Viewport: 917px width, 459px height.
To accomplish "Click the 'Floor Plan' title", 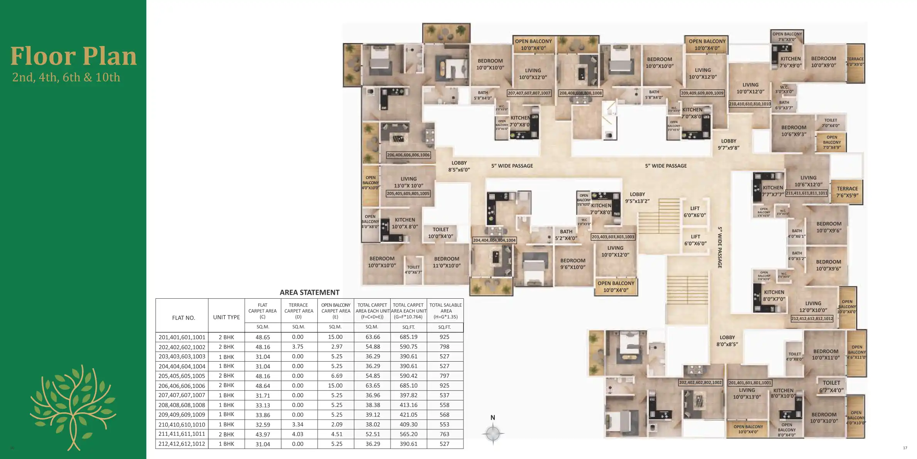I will point(73,56).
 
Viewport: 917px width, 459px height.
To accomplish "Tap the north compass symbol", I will point(493,433).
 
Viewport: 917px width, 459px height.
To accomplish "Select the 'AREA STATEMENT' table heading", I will point(310,292).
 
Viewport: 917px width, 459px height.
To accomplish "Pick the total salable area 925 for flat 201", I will point(444,337).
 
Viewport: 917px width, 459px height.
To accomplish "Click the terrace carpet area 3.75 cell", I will point(298,347).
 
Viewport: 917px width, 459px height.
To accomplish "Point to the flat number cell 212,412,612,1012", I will point(182,444).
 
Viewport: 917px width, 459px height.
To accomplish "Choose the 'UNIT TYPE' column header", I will point(226,317).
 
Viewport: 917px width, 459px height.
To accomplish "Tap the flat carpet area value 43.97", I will point(262,434).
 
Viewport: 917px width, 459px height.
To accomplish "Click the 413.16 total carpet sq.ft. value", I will point(408,405).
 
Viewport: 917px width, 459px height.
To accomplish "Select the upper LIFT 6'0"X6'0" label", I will point(695,212).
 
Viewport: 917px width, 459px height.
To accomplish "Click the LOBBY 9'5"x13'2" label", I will point(637,197).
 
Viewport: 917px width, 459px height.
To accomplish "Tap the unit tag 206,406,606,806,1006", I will point(408,155).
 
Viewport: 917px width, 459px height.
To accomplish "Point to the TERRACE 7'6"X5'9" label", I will point(847,192).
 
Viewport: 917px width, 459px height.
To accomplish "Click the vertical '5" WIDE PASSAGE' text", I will point(720,247).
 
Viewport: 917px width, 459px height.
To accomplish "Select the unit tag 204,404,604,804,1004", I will point(494,240).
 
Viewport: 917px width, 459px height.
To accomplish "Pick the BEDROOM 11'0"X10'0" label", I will point(447,262).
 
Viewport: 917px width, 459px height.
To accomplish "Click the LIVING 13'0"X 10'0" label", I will point(408,182).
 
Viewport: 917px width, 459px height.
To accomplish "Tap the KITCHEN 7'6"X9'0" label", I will point(790,62).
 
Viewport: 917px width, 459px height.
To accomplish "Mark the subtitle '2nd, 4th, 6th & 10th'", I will point(66,77).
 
